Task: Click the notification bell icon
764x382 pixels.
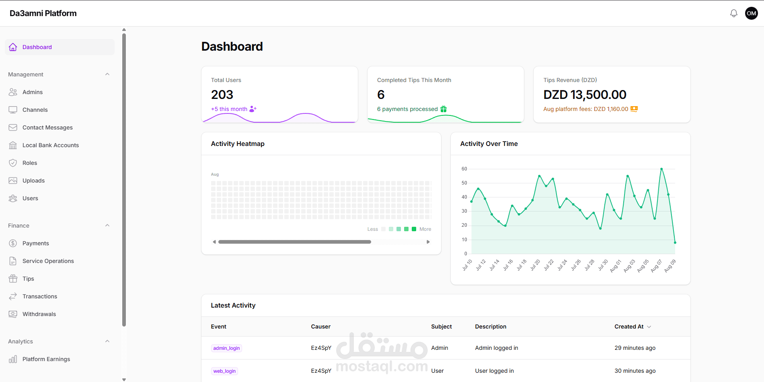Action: coord(734,13)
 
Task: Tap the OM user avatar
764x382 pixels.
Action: coord(752,13)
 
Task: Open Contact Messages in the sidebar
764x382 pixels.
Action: coord(47,127)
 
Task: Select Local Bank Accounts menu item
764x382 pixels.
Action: coord(51,145)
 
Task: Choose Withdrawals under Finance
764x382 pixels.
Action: coord(39,314)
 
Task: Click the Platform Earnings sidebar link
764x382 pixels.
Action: coord(46,359)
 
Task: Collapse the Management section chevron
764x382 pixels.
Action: coord(107,74)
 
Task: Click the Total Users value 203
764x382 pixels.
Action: coord(222,94)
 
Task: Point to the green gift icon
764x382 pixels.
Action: coord(444,109)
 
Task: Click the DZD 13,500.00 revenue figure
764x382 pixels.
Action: coord(585,94)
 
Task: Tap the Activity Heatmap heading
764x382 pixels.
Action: coord(238,144)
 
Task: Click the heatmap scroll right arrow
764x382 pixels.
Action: coord(428,242)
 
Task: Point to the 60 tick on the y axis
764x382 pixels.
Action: coord(464,169)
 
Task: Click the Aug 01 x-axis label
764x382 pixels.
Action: coord(616,266)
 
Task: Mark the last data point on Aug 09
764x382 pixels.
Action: coord(675,242)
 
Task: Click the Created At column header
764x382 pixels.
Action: coord(629,327)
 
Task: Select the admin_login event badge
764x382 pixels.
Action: coord(226,348)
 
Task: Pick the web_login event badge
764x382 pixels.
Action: coord(224,371)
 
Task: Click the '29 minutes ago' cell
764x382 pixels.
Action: coord(635,348)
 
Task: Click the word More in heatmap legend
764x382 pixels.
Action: coord(425,229)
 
